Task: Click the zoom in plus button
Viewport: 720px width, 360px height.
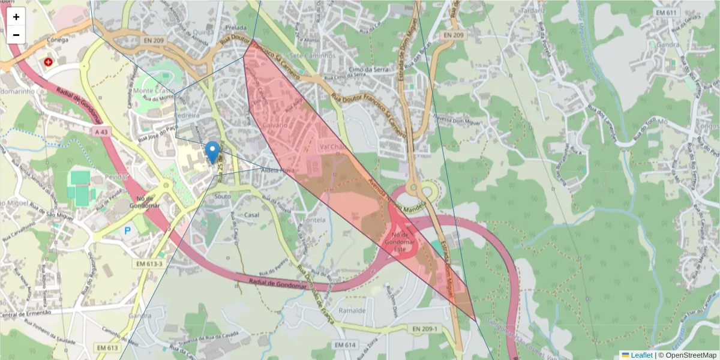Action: [16, 17]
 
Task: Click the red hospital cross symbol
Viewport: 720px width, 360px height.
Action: [48, 61]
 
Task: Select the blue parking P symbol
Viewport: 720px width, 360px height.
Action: [127, 230]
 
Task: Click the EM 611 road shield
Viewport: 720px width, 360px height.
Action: [667, 13]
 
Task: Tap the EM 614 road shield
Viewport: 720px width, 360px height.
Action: [346, 345]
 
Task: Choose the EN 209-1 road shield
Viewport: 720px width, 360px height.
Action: [425, 329]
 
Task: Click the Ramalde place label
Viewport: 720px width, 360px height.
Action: [352, 311]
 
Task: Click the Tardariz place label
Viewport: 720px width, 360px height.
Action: [533, 10]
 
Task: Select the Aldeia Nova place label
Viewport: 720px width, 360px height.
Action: [278, 170]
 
